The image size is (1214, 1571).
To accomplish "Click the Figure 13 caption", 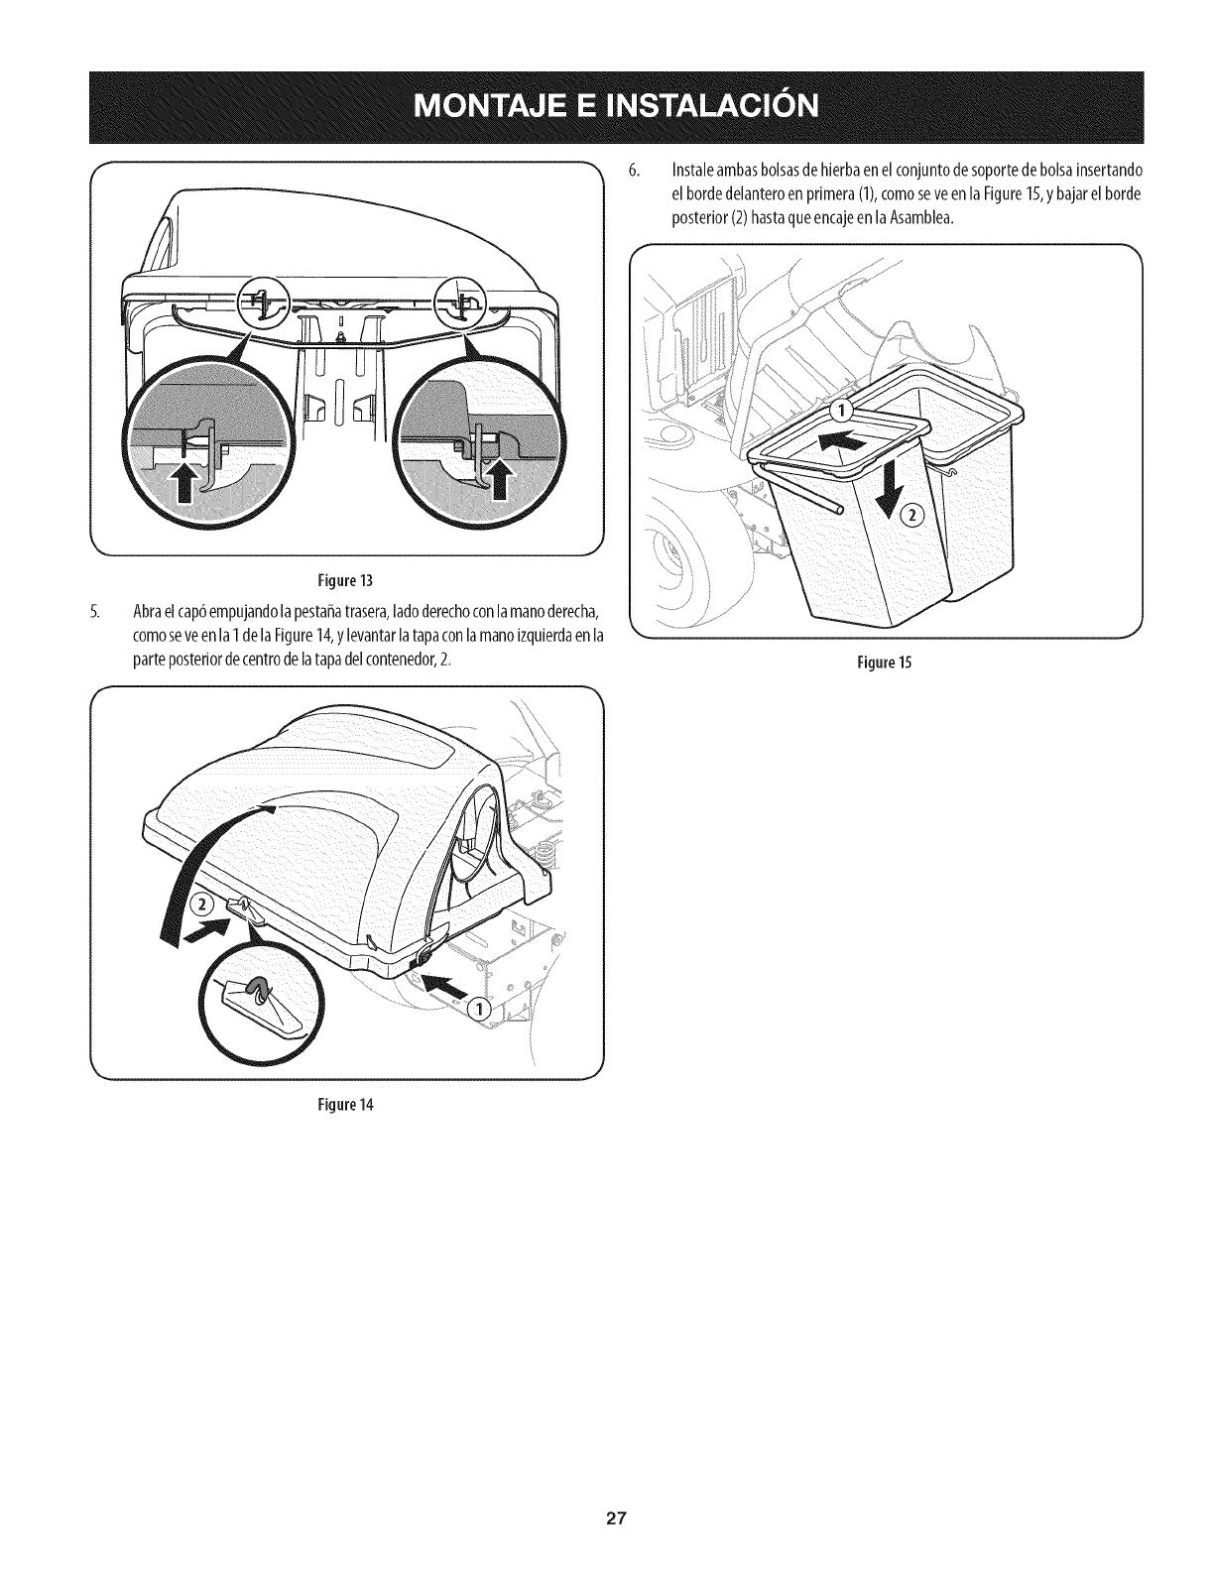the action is pos(346,579).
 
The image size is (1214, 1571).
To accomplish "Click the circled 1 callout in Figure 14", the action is pos(478,1009).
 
